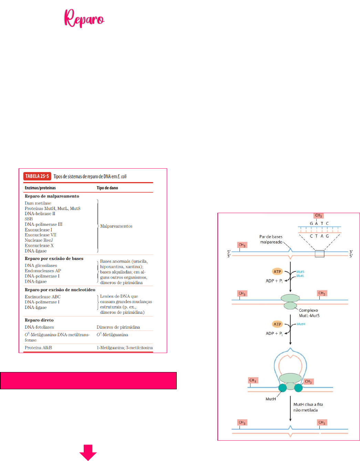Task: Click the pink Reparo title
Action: click(x=84, y=18)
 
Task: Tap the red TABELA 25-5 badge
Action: click(x=37, y=176)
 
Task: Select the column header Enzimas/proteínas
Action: click(x=40, y=188)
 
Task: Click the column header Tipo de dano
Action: click(x=107, y=188)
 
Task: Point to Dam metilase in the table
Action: click(x=38, y=203)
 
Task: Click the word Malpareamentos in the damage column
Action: click(x=116, y=226)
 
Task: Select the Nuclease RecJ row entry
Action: click(x=39, y=240)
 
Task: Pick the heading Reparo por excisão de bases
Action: click(x=54, y=259)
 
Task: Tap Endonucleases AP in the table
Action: click(x=43, y=271)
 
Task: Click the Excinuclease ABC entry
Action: click(x=42, y=297)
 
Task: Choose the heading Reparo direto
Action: click(x=39, y=320)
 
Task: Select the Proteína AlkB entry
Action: click(x=38, y=348)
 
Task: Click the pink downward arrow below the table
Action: click(x=88, y=452)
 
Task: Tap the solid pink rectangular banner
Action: click(x=88, y=381)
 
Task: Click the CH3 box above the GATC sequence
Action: click(x=318, y=216)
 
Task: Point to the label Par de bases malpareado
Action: click(x=271, y=239)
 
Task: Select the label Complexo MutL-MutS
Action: click(x=309, y=313)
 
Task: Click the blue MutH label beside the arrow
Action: click(x=301, y=324)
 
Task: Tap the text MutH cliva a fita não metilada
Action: click(x=308, y=407)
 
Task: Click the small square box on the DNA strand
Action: click(x=319, y=254)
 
